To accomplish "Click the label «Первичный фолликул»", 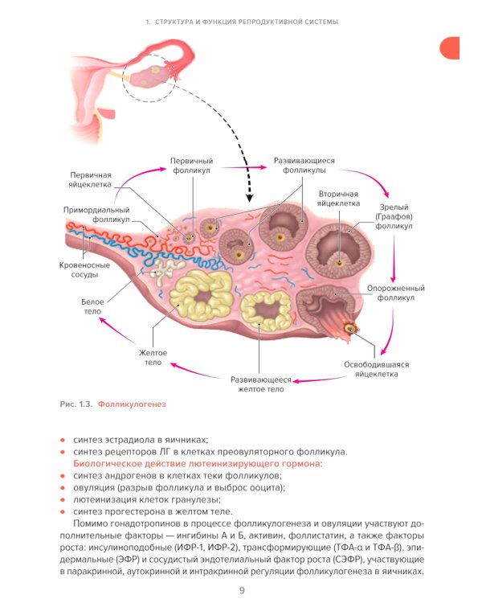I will [x=190, y=166].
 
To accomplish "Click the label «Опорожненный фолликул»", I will [x=395, y=293].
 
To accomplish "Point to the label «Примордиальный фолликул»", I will [x=96, y=214].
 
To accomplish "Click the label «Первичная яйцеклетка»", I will [x=91, y=179].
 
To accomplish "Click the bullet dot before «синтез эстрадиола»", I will [x=63, y=440].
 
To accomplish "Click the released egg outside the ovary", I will [x=350, y=328].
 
